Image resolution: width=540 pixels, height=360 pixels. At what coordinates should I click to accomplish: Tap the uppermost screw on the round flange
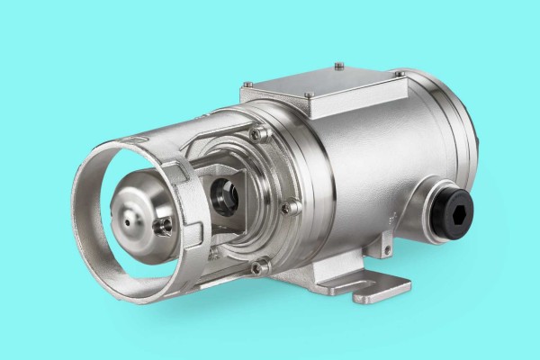point(260,133)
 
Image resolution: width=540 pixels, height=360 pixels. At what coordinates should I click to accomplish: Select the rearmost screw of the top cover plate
point(338,65)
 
